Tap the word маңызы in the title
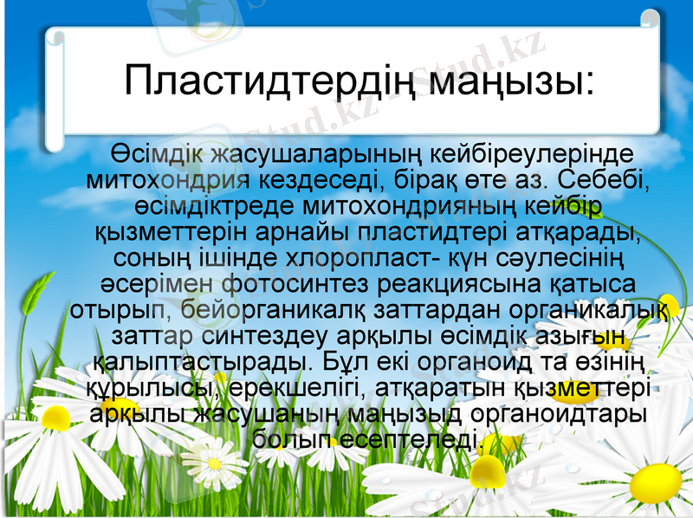click(x=499, y=81)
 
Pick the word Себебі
click(x=602, y=181)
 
